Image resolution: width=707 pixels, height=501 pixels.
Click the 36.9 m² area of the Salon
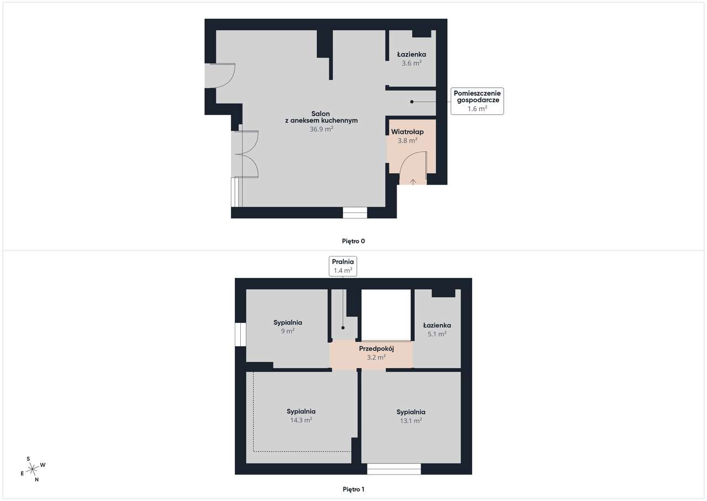(x=321, y=129)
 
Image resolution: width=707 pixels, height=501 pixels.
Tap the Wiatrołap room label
(x=407, y=132)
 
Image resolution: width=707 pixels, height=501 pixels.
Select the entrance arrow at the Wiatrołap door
(x=413, y=181)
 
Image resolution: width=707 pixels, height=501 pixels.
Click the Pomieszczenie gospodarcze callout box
(x=477, y=101)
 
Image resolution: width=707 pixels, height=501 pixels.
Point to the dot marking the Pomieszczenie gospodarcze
(x=411, y=102)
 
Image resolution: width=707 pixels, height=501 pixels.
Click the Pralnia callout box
(x=343, y=266)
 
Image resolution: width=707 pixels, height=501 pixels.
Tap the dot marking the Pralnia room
(x=343, y=328)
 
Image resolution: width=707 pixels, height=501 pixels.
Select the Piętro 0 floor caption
(x=353, y=241)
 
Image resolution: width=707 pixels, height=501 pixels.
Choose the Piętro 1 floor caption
(x=353, y=489)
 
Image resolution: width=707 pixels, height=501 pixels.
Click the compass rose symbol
(x=33, y=469)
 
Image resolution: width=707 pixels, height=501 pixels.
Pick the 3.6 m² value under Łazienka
(x=411, y=63)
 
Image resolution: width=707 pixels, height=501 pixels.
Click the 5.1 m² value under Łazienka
(x=437, y=334)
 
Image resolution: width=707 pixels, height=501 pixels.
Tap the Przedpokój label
(x=376, y=349)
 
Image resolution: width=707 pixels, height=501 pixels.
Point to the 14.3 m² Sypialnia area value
(x=301, y=420)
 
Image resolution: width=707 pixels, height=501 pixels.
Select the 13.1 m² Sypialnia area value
(x=411, y=421)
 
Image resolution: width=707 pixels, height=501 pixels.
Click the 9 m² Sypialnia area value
(x=288, y=331)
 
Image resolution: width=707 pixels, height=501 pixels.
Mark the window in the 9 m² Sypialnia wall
(x=240, y=334)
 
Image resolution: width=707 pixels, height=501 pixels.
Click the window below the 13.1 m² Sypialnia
(x=394, y=469)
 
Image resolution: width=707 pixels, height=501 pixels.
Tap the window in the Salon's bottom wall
(x=355, y=212)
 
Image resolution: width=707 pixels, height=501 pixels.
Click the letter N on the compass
(x=36, y=479)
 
